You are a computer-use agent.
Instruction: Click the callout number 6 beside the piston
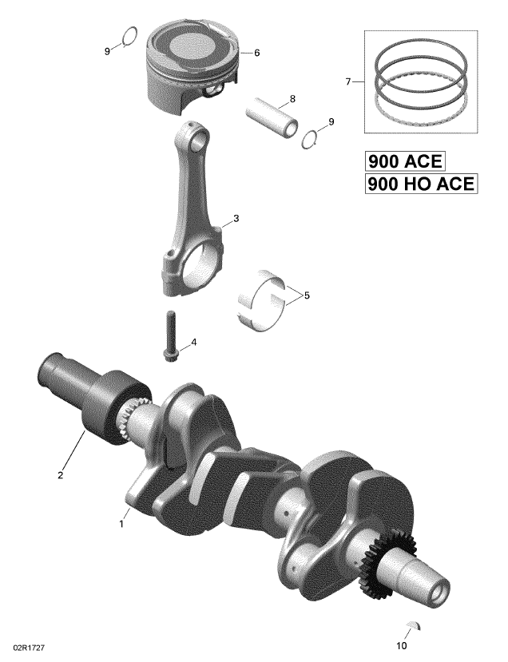[256, 54]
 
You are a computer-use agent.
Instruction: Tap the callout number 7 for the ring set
[348, 81]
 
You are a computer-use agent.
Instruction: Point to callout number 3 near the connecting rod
[236, 218]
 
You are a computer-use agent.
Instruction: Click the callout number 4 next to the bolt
[194, 343]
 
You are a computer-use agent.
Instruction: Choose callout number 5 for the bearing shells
[307, 295]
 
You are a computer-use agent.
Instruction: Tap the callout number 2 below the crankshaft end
[61, 475]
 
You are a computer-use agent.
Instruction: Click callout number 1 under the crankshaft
[121, 524]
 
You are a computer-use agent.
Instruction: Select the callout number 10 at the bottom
[402, 645]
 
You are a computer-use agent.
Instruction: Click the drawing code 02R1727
[29, 647]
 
